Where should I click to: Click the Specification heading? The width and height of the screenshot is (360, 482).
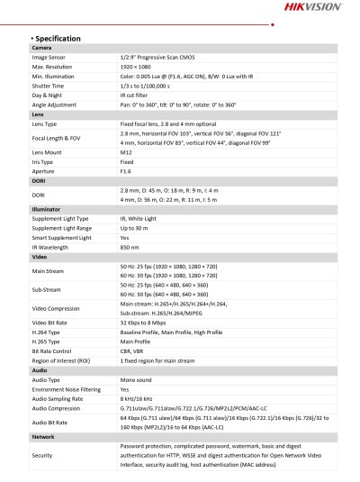[58, 39]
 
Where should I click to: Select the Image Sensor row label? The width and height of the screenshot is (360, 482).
[52, 57]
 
